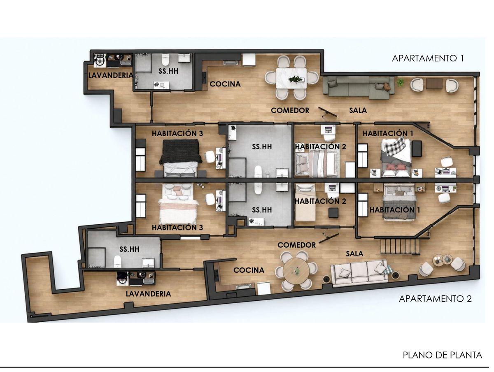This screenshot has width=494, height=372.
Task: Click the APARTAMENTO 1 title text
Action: pos(428,58)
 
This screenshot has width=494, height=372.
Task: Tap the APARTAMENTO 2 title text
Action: pos(435,299)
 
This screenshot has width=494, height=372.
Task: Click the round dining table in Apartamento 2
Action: pos(296,270)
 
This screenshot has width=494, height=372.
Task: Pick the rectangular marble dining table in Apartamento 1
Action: pos(291,78)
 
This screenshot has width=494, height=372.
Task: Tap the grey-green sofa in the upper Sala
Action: pos(358,87)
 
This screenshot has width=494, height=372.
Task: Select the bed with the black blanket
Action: pos(181,158)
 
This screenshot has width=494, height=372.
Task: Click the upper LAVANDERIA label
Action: pos(110,75)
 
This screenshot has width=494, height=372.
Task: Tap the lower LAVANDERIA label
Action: pos(148,294)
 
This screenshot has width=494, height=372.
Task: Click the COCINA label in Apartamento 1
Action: pos(225,84)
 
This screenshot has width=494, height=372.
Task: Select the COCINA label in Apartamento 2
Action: pos(249,270)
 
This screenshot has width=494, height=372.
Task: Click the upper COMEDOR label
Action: pos(290,110)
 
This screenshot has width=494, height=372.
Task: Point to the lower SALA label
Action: pos(354,254)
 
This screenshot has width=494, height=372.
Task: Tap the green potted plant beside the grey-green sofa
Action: pos(401,82)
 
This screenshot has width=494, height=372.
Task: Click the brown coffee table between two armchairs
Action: pos(434,84)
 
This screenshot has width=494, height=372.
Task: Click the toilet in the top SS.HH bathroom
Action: pos(165,60)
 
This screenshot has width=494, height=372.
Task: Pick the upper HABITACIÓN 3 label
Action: pos(177,133)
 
